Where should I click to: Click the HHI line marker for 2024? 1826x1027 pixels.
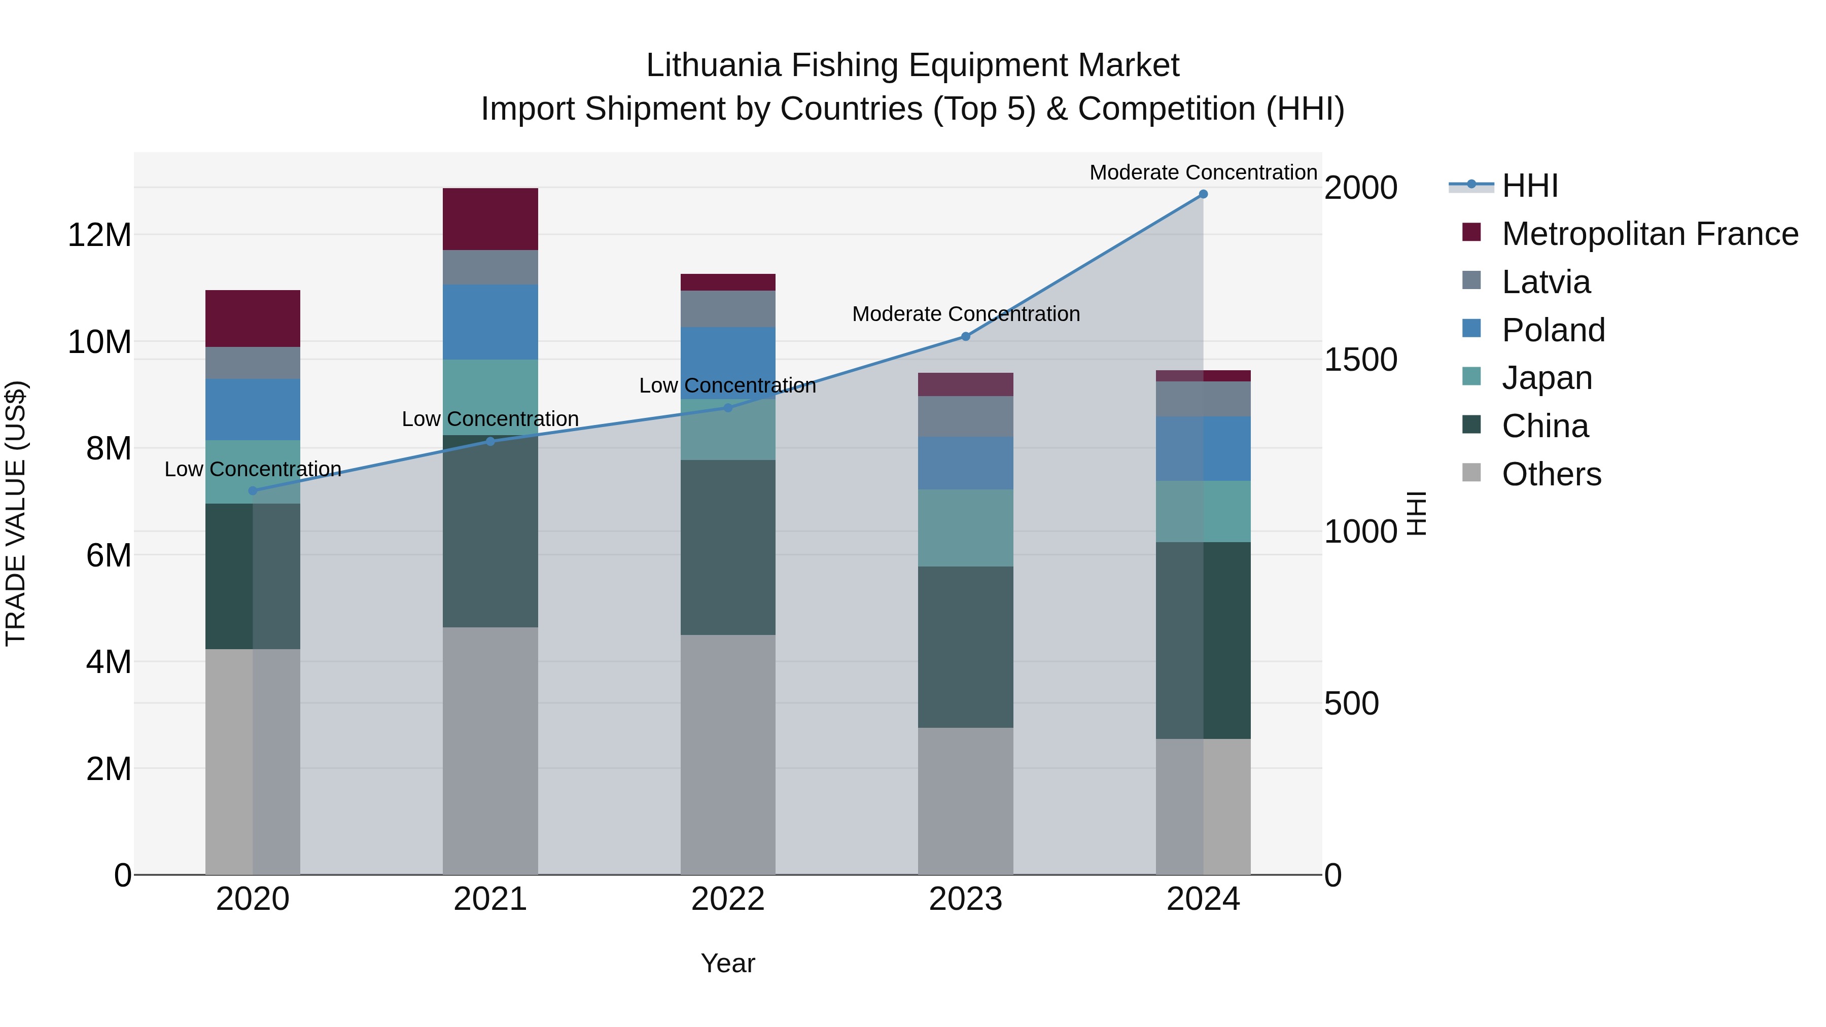tap(1203, 194)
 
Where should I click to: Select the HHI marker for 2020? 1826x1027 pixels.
tap(253, 490)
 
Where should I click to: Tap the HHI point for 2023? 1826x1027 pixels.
tap(965, 337)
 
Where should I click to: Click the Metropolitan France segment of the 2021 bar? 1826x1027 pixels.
tap(490, 219)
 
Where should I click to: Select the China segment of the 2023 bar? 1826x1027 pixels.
tap(965, 647)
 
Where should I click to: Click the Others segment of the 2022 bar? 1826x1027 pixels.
tap(728, 754)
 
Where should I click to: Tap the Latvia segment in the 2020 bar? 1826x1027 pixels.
tap(253, 363)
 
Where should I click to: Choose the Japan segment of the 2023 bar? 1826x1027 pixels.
tap(965, 527)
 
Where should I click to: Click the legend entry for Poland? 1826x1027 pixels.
tap(1553, 330)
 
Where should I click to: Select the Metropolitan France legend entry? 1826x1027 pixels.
tap(1649, 234)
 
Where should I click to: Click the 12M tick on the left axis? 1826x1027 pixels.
tap(99, 235)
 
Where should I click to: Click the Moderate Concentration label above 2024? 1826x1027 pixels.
tap(1203, 172)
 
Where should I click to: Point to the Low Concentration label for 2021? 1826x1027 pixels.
tap(490, 419)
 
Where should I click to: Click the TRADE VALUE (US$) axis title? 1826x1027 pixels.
tap(16, 513)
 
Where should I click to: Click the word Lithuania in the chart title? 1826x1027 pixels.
tap(713, 65)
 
